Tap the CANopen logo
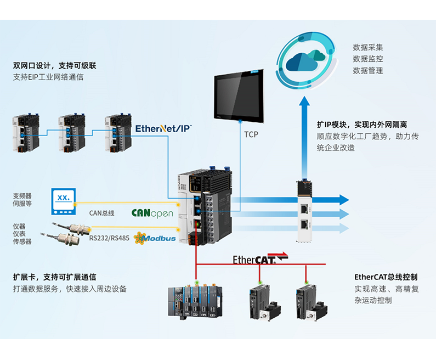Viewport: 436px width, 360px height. (152, 213)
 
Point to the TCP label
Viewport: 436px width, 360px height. (251, 134)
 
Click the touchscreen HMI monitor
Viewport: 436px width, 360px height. (239, 95)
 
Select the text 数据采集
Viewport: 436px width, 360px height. (367, 47)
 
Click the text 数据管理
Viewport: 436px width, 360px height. (367, 71)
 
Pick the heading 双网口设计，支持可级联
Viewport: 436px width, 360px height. (55, 66)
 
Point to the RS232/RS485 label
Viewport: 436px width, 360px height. (107, 238)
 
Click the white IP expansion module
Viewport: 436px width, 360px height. (304, 211)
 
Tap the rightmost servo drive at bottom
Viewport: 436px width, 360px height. (310, 300)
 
